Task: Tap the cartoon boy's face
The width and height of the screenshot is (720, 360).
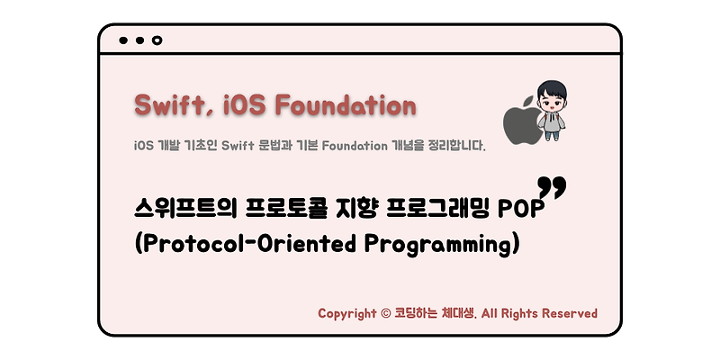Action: (548, 100)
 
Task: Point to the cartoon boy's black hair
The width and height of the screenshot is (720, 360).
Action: (548, 86)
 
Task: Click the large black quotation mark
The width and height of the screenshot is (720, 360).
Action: (552, 188)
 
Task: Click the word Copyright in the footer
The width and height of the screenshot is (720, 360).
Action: (347, 314)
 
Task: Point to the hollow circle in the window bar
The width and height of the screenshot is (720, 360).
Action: (157, 40)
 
